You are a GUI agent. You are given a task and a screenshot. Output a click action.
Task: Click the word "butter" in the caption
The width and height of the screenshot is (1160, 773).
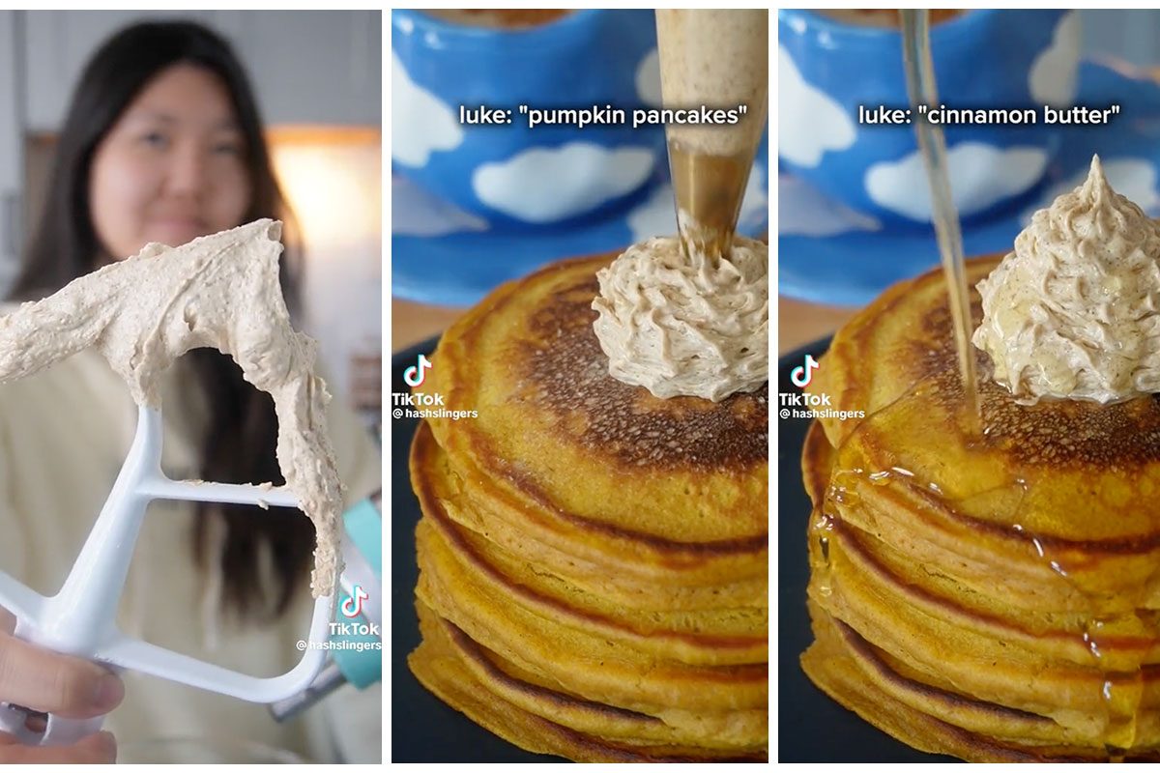[x=1073, y=116]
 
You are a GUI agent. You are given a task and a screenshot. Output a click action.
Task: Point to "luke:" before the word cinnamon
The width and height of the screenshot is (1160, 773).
[x=884, y=116]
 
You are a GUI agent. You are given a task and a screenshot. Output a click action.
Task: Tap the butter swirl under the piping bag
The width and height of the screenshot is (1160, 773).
[x=681, y=319]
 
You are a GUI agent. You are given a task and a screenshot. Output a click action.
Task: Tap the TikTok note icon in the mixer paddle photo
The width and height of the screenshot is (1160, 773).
[x=353, y=601]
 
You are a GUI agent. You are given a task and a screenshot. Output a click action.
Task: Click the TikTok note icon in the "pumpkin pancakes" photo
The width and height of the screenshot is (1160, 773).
[x=418, y=370]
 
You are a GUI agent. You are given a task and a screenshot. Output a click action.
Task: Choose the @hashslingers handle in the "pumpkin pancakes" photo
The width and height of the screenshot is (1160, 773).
[x=435, y=414]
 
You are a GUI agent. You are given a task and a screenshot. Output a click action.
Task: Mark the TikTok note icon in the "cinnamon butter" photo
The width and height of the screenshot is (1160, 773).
[x=804, y=370]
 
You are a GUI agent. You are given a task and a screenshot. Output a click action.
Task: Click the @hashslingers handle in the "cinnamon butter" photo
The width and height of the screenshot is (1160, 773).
[x=823, y=414]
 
